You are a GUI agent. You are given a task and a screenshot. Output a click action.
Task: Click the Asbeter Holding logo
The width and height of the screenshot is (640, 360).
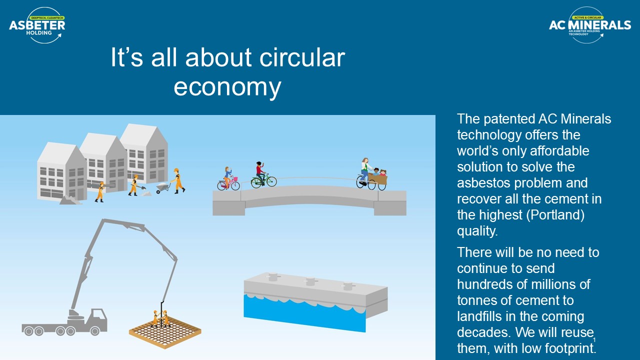(x=37, y=25)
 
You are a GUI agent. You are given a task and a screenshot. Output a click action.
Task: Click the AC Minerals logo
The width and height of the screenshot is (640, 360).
(x=589, y=25)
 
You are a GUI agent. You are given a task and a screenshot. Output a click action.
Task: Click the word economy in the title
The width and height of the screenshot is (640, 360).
(x=227, y=87)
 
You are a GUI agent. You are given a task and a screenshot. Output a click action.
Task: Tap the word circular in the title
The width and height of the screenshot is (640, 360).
(x=302, y=57)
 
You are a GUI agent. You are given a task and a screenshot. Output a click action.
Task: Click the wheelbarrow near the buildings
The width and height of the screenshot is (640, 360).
(x=163, y=187)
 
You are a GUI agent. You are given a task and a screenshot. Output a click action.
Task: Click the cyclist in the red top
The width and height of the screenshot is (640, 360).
(x=260, y=173)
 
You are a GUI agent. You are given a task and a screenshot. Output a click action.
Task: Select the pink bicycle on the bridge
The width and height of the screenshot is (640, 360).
(x=228, y=183)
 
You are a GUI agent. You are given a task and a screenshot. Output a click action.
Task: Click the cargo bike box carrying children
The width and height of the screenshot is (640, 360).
(x=377, y=179)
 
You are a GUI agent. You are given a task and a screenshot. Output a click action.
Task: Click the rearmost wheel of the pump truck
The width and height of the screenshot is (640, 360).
(x=29, y=331)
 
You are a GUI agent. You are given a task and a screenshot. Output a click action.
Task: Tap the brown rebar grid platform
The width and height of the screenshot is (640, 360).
(x=165, y=333)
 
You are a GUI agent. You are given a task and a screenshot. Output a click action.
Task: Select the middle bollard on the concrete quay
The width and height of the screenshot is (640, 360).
(x=310, y=281)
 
